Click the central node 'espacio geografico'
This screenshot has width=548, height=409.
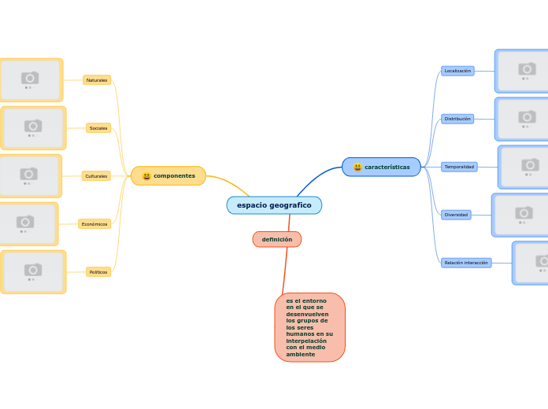coord(274,205)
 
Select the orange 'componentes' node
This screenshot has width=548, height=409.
coord(168,176)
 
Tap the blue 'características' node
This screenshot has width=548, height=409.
coord(382,167)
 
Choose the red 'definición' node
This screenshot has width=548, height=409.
coord(277,239)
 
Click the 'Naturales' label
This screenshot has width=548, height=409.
coord(97,80)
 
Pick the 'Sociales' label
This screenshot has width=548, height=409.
coord(98,128)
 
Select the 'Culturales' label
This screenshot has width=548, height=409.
coord(96,176)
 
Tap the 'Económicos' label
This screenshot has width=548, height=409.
coord(94,224)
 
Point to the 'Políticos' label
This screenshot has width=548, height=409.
coord(98,272)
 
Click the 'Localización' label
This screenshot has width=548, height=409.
coord(457,71)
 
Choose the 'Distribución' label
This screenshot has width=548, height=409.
coord(457,119)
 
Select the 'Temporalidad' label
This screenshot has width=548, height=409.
coord(459,167)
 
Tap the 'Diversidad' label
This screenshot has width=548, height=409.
coord(456,215)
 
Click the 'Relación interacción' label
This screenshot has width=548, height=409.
coord(465,263)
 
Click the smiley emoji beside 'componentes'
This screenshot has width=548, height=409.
coord(146,176)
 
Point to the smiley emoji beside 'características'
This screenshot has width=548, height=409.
coord(357,167)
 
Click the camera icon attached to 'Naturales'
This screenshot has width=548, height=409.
coord(30,77)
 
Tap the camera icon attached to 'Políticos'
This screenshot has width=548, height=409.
coord(33,270)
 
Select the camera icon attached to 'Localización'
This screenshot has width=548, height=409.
coord(527,68)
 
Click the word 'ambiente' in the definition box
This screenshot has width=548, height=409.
coord(300,354)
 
